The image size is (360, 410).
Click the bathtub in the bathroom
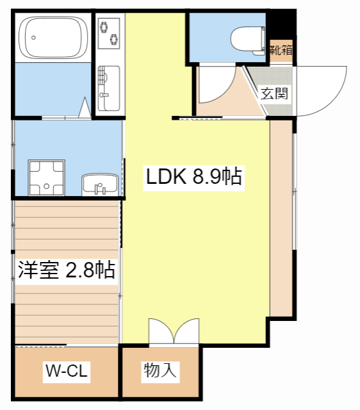tap(53, 37)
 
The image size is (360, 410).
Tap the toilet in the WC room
tap(247, 37)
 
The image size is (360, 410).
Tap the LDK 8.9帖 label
tap(193, 177)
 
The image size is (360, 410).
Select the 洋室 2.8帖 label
tap(66, 270)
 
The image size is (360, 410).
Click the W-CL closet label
tap(66, 370)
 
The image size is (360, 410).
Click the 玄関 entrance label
tap(274, 94)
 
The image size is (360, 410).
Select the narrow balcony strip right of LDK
tap(281, 218)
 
